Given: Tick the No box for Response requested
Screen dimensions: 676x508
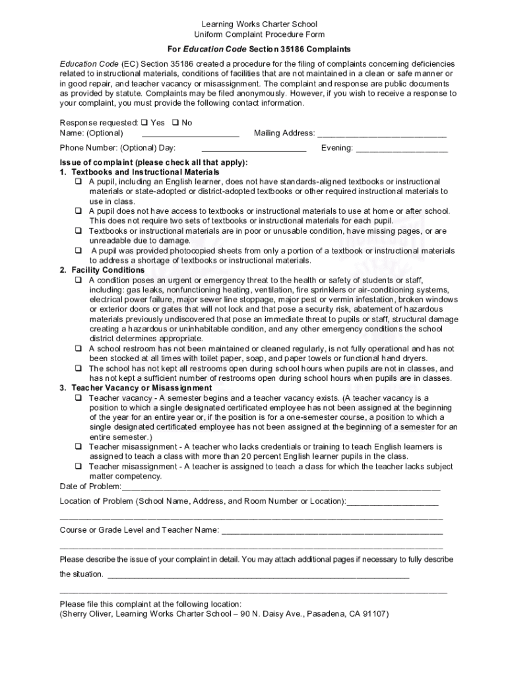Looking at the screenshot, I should pyautogui.click(x=175, y=123).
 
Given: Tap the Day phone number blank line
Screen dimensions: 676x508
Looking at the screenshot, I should pyautogui.click(x=253, y=149).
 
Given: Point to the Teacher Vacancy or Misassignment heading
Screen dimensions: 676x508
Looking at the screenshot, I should pyautogui.click(x=141, y=388).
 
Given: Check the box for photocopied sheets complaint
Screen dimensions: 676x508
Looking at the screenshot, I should pyautogui.click(x=78, y=251).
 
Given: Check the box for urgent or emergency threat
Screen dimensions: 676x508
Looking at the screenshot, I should pyautogui.click(x=78, y=280).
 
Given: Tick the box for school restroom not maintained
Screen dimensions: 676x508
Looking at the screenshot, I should pyautogui.click(x=78, y=349).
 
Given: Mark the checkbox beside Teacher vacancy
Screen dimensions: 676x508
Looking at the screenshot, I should pyautogui.click(x=78, y=398).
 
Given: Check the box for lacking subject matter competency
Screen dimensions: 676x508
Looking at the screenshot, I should pyautogui.click(x=78, y=467).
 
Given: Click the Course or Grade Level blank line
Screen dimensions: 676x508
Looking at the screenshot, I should pyautogui.click(x=332, y=531).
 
